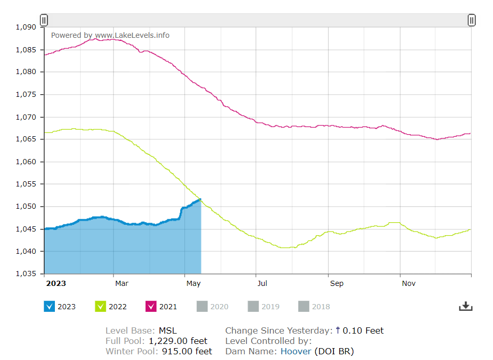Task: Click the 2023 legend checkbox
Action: pos(50,306)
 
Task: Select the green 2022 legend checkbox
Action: pos(100,306)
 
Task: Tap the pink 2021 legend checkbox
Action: pos(151,306)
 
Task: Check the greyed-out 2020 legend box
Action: pos(202,306)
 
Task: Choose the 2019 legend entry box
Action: pos(253,306)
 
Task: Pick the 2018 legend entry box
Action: pos(304,306)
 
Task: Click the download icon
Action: pos(466,306)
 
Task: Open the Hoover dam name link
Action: pos(296,351)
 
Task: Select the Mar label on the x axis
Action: pos(122,283)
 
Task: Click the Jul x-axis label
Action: pos(263,283)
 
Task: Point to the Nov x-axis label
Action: pos(409,283)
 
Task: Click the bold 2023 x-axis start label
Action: pos(56,283)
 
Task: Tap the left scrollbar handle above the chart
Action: pos(44,20)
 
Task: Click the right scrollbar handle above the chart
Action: pos(471,20)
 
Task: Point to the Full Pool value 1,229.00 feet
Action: pos(178,341)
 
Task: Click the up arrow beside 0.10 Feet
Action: pos(338,330)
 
